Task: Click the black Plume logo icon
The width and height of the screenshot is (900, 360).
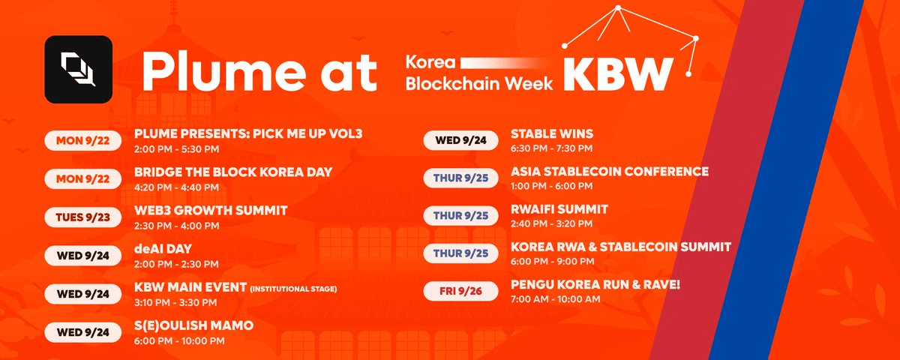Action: (x=78, y=69)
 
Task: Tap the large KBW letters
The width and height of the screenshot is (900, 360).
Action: (x=618, y=75)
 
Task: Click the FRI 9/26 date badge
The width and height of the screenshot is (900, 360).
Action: (x=460, y=291)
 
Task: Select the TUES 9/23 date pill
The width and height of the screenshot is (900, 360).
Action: (x=82, y=217)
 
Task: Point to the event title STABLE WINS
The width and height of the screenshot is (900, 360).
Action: (x=552, y=133)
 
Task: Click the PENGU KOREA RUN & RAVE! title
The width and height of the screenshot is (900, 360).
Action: (x=595, y=285)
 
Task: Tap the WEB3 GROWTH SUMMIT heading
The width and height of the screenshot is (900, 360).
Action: (x=211, y=211)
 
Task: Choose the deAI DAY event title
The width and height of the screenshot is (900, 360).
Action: (x=163, y=249)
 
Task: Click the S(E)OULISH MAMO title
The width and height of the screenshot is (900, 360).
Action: (x=193, y=325)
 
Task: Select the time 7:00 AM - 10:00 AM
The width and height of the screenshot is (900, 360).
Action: (x=555, y=299)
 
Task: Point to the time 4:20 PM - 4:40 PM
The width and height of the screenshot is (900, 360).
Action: (x=176, y=187)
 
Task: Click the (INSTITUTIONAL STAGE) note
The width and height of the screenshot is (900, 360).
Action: (x=293, y=289)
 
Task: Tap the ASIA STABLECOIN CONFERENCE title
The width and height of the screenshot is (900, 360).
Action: (x=610, y=172)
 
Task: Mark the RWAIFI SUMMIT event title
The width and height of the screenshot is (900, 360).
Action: (x=559, y=209)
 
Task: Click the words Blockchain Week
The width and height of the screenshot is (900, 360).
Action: (x=479, y=83)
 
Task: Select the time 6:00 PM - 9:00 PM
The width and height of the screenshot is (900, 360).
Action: (x=552, y=262)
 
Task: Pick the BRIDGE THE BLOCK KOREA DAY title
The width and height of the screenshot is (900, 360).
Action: (x=233, y=172)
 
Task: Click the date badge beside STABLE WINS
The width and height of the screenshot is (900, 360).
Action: (x=460, y=140)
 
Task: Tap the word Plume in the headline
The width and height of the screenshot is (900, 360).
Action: (x=223, y=71)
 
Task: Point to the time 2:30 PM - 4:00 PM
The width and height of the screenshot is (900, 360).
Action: (x=176, y=226)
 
